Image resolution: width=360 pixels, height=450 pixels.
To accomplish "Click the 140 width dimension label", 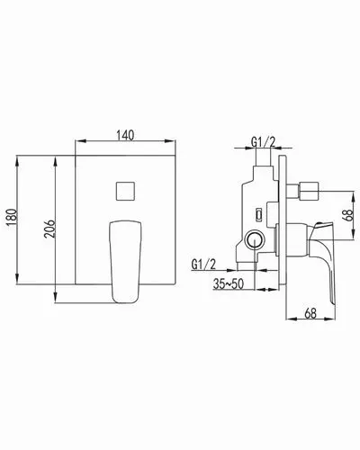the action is coord(125,135).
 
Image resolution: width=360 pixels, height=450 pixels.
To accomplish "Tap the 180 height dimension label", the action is coord(13,218).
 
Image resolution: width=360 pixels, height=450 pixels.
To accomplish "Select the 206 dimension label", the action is coord(49,229).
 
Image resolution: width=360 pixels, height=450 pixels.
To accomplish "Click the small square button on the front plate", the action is coord(125,191).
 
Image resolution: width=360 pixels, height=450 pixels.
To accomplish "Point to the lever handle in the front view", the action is coord(125,262).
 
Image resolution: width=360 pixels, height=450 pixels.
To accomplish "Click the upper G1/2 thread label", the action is coord(263,142).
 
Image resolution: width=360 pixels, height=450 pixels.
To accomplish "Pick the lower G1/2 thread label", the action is coord(203,265).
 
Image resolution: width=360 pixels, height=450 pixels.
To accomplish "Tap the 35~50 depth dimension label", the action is coord(229,283).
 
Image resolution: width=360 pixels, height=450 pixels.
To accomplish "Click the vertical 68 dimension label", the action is coord(348,215).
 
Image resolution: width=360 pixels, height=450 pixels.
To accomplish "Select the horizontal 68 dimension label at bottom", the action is coord(310,313).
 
